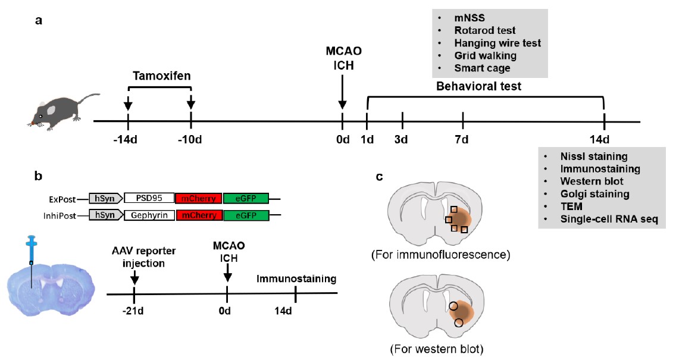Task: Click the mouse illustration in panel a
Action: (x=60, y=109)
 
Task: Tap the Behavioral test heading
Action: (x=478, y=87)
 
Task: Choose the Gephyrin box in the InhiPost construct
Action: (x=149, y=217)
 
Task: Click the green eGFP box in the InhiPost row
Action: (x=246, y=217)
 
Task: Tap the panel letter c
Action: (x=380, y=176)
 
